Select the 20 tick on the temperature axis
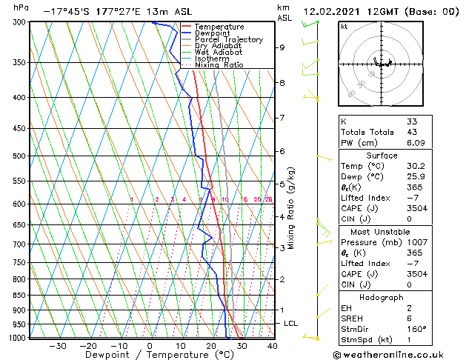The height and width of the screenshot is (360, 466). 211,346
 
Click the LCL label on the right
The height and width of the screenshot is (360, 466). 290,324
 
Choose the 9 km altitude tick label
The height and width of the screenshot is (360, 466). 282,47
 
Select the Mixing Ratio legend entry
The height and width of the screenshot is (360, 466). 219,65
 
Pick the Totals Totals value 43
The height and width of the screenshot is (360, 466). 412,132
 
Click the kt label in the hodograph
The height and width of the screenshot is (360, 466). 344,27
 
